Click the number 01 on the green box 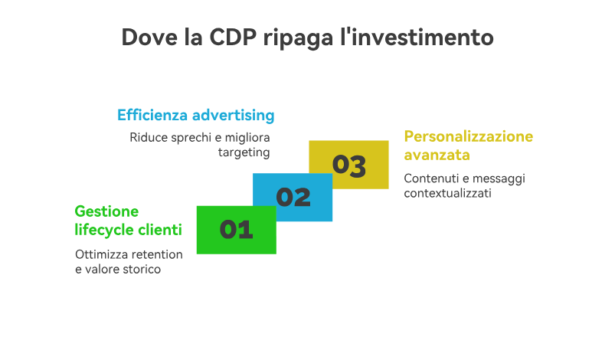(x=236, y=230)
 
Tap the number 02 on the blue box (x=293, y=197)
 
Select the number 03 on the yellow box (x=349, y=165)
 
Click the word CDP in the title (x=233, y=38)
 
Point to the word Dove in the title (x=149, y=38)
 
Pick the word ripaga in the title (x=298, y=38)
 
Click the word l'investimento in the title (x=417, y=38)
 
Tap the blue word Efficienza (x=152, y=115)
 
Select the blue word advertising (x=234, y=116)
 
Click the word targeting (x=244, y=152)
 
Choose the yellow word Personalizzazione (x=469, y=136)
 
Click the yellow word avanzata (x=437, y=155)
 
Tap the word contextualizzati (x=447, y=193)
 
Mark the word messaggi (x=499, y=178)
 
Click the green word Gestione (x=106, y=211)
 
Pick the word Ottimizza (x=99, y=254)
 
